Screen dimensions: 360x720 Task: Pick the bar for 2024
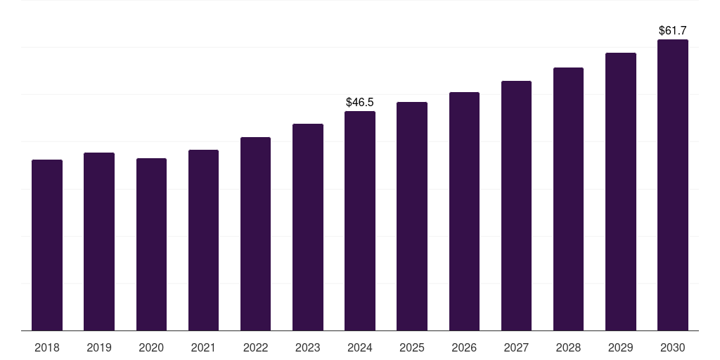point(360,221)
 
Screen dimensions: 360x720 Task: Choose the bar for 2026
point(464,211)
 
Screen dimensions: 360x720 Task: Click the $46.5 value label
point(360,103)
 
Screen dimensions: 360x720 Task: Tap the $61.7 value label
point(673,31)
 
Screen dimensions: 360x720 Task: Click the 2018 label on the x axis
point(47,347)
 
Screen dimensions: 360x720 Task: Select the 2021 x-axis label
point(203,347)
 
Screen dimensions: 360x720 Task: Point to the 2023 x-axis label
point(308,347)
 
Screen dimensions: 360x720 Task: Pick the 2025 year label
point(412,347)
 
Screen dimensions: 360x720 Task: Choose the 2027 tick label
point(516,347)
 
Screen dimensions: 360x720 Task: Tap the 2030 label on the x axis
point(673,347)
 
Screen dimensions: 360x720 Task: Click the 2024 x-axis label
point(360,347)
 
